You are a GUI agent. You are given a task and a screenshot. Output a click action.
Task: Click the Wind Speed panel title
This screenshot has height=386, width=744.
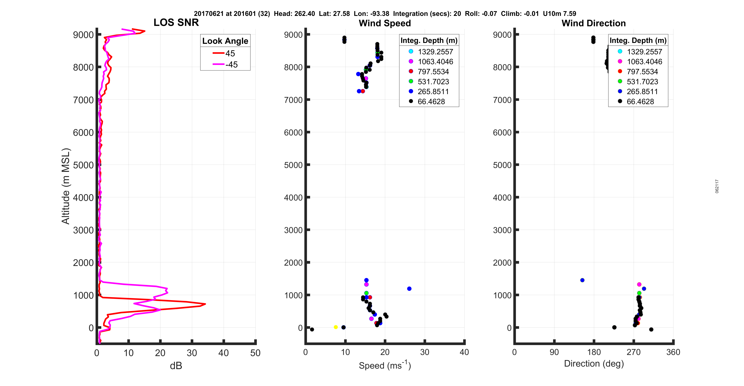tap(385, 23)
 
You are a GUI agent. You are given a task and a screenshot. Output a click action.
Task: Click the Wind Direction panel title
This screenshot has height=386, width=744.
tap(594, 23)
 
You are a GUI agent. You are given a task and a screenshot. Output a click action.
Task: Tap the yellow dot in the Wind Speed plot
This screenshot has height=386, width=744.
tap(336, 327)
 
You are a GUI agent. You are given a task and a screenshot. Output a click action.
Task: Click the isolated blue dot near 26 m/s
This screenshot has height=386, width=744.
tap(409, 288)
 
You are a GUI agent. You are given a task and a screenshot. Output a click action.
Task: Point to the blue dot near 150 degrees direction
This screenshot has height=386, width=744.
tap(582, 280)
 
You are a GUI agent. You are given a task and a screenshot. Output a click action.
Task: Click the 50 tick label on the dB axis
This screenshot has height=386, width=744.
tap(255, 353)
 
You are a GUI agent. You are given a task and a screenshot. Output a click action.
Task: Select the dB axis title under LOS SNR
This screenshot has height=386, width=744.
tap(176, 366)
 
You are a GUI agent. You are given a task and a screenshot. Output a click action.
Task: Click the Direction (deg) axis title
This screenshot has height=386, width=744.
tap(594, 363)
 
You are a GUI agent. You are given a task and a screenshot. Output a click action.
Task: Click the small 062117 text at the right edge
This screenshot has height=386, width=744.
tap(717, 186)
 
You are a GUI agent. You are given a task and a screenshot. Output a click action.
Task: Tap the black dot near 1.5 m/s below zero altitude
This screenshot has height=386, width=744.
tap(312, 329)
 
